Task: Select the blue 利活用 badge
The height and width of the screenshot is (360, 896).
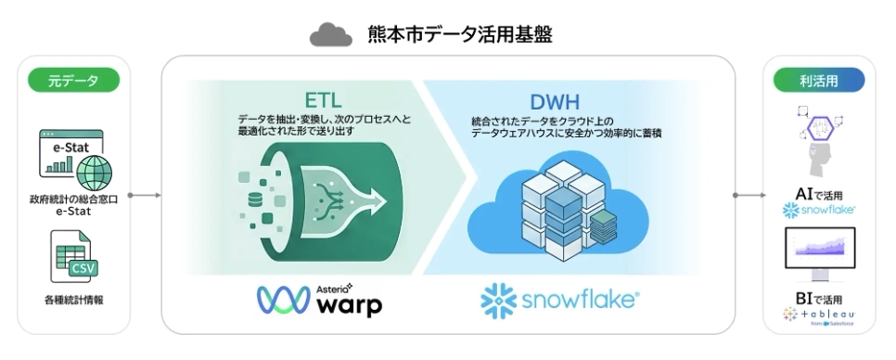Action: click(x=819, y=81)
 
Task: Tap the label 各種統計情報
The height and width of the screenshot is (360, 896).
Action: click(x=73, y=300)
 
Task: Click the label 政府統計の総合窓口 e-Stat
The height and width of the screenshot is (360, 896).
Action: click(x=73, y=205)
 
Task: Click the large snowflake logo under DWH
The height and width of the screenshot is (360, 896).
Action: click(x=560, y=300)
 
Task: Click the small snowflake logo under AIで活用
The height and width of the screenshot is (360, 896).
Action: click(x=819, y=212)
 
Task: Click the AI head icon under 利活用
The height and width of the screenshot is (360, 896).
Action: click(x=818, y=144)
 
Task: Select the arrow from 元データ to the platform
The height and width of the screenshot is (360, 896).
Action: click(x=144, y=196)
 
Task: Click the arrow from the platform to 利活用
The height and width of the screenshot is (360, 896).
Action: click(x=749, y=196)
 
